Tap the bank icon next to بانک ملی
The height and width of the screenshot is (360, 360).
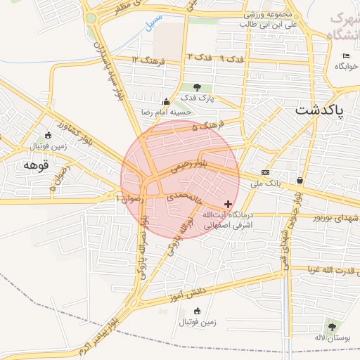265,172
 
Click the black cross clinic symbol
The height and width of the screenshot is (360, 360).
228,203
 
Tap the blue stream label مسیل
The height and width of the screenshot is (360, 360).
149,22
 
